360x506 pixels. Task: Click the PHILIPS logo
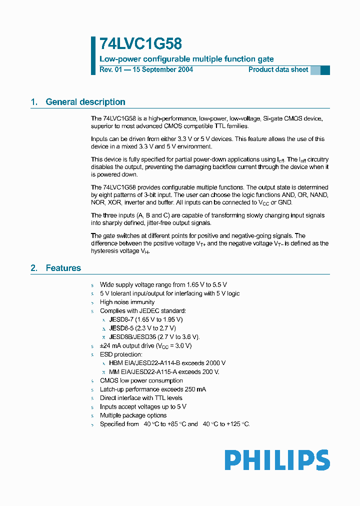pyautogui.click(x=277, y=460)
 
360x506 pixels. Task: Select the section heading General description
pyautogui.click(x=85, y=102)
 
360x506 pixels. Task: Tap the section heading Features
pyautogui.click(x=63, y=268)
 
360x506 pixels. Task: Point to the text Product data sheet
pyautogui.click(x=278, y=69)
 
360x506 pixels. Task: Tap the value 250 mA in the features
pyautogui.click(x=194, y=389)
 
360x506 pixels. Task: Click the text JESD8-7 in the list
pyautogui.click(x=120, y=319)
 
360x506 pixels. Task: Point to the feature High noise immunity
pyautogui.click(x=127, y=302)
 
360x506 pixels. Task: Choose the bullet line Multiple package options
pyautogui.click(x=133, y=415)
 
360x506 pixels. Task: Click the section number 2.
pyautogui.click(x=34, y=268)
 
